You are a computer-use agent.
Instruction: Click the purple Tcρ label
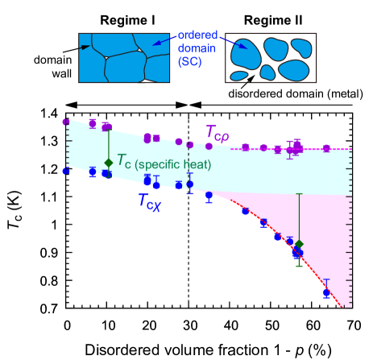click(218, 134)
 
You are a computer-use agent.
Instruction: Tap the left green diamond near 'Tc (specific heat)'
click(109, 163)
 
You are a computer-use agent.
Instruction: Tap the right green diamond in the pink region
click(299, 244)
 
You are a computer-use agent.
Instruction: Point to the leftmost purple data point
click(66, 122)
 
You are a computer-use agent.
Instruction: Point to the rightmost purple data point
click(326, 147)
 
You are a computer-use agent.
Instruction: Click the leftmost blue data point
click(66, 171)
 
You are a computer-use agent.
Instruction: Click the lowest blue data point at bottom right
click(327, 293)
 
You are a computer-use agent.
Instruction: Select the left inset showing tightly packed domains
click(124, 58)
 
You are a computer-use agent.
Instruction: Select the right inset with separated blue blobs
click(271, 58)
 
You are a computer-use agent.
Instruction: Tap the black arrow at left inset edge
click(85, 48)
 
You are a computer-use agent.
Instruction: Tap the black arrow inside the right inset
click(251, 77)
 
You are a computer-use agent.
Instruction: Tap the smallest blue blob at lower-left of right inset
click(239, 77)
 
